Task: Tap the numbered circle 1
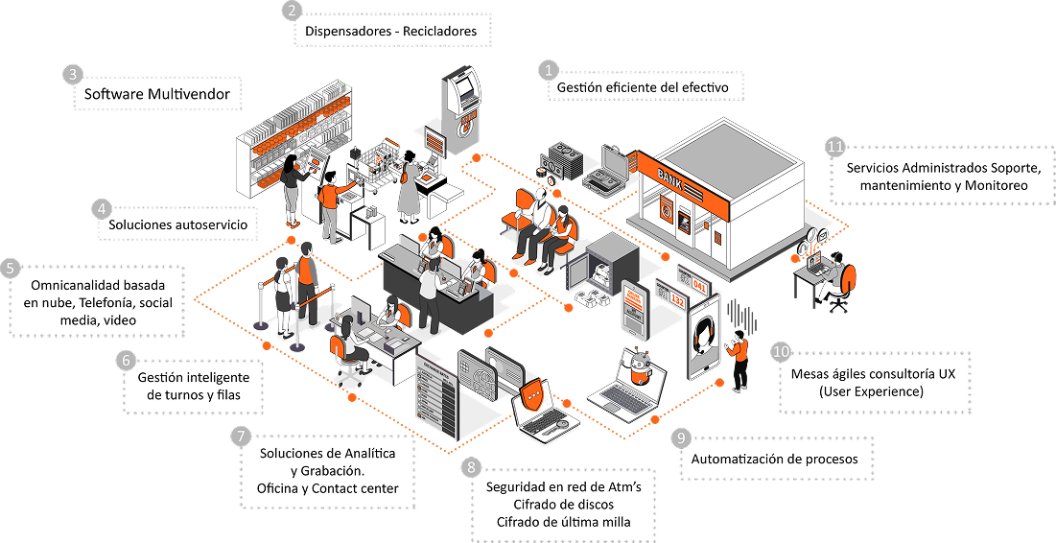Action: point(549,70)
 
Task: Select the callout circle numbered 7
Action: point(241,437)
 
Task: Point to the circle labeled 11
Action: point(835,147)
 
